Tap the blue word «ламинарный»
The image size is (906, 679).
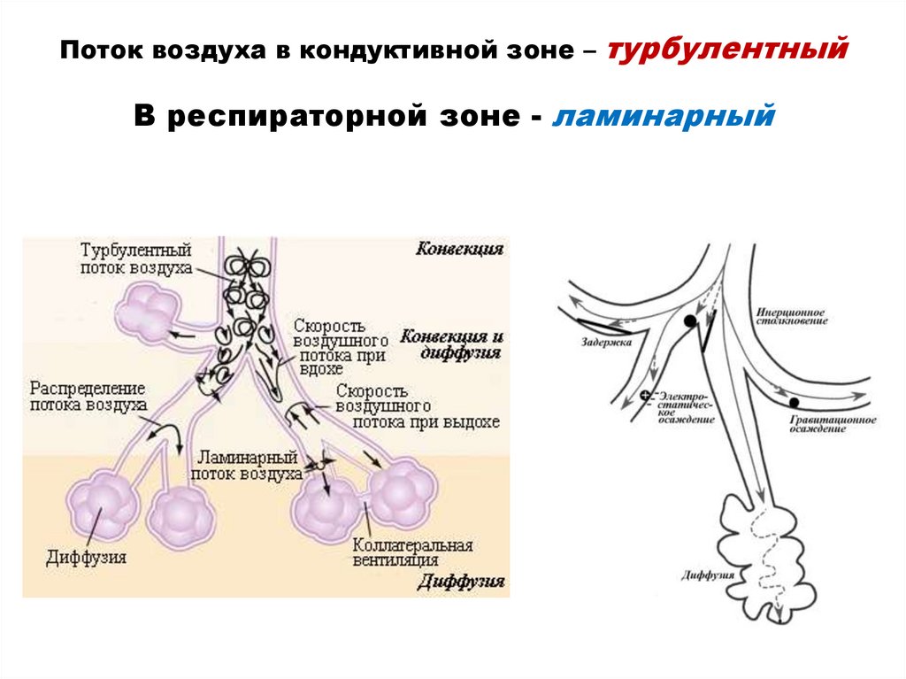[664, 115]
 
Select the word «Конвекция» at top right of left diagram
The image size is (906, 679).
[459, 250]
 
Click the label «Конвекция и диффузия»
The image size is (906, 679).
[452, 344]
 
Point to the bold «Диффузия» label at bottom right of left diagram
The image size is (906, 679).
[460, 582]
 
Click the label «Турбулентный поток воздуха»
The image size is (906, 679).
[135, 258]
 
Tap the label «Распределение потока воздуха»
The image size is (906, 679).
[88, 397]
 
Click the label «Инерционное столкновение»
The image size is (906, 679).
[791, 316]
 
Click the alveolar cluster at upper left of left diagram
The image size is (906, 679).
[148, 311]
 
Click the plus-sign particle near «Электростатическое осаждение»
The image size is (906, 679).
[645, 396]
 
